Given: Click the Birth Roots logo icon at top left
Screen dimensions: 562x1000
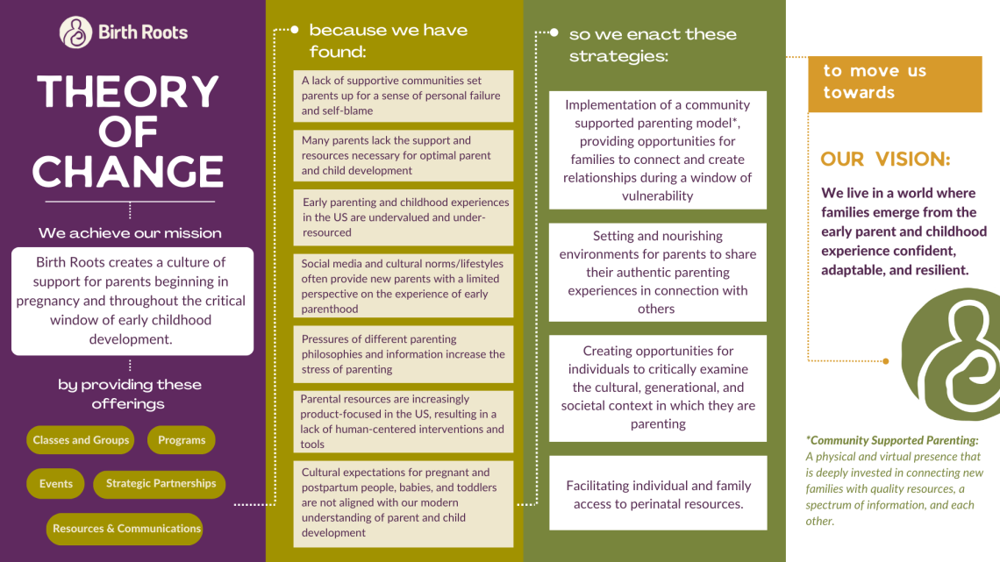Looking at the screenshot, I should (75, 32).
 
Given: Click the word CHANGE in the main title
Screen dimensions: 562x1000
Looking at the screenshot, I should (128, 172).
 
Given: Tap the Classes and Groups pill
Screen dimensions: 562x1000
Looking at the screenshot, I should (81, 440).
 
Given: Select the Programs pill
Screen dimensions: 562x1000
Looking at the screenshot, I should (182, 440).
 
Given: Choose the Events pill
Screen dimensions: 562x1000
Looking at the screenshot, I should (56, 484).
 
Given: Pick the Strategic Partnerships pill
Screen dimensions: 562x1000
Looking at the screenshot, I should (160, 484).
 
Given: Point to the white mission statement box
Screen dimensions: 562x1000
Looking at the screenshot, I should (132, 301).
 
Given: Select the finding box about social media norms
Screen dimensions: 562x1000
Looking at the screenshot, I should (403, 286).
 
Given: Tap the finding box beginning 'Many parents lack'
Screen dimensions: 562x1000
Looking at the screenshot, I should (403, 155).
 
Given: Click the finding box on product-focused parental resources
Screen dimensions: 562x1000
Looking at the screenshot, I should (403, 422).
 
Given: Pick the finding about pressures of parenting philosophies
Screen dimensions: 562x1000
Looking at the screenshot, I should (403, 354).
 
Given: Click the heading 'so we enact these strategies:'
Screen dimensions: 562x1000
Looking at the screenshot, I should (652, 45).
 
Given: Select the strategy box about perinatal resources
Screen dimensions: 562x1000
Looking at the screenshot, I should (657, 494).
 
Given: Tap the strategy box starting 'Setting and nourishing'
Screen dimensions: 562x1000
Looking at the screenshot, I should (657, 273).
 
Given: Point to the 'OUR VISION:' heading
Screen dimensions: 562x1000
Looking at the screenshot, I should (885, 160).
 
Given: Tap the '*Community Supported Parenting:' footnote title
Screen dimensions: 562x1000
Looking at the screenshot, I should (892, 441).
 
